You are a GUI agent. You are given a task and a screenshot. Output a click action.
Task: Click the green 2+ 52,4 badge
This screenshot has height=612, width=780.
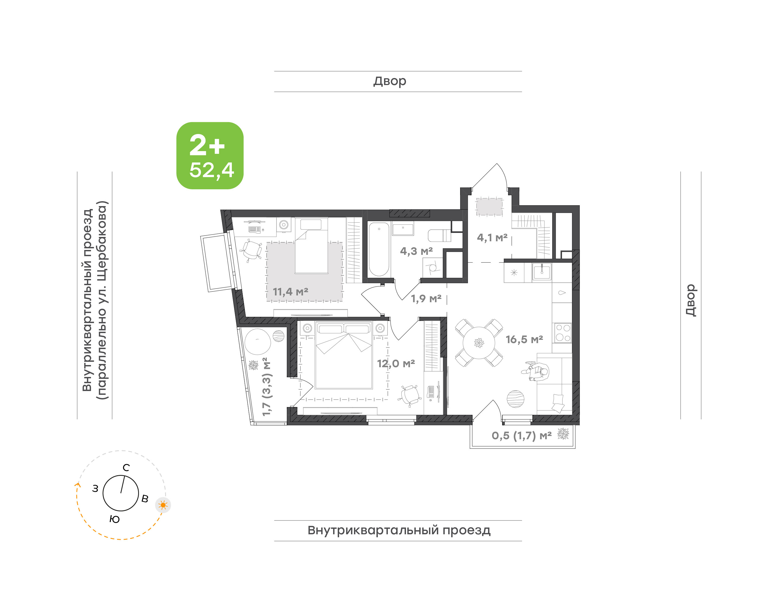pos(210,155)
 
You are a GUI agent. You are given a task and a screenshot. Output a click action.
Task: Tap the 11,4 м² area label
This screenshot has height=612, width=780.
pos(290,292)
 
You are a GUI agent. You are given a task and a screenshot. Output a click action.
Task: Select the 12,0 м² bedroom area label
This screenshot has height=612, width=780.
pos(396,364)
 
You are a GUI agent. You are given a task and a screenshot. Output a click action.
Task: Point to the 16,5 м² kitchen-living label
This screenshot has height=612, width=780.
pos(524,339)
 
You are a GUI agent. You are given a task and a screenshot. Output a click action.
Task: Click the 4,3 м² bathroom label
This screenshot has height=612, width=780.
pos(416,251)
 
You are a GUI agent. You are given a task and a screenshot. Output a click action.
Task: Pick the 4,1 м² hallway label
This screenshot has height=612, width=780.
pos(492,237)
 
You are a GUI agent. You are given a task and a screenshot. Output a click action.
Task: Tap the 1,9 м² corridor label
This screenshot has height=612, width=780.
pos(426,298)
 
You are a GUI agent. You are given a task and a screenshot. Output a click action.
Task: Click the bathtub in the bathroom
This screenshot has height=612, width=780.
pos(379,249)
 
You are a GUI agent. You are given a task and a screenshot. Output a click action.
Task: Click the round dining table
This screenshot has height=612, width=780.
pos(479,343)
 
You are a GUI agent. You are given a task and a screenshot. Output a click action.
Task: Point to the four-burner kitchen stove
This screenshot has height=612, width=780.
pos(563,333)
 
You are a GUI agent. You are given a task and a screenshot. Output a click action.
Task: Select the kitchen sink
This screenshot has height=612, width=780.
pos(541,272)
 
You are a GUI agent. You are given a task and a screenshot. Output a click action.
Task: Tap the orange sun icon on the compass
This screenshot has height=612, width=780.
pos(163,505)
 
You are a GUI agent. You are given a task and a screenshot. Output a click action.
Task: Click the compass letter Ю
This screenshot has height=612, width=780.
pos(115,520)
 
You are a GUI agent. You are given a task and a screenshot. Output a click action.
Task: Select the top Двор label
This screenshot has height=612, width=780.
pos(390,81)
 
